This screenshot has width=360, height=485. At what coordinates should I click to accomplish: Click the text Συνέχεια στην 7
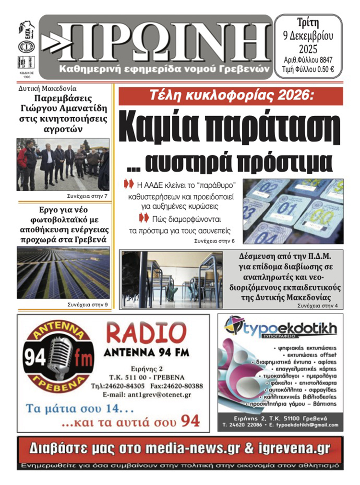[x=87, y=197]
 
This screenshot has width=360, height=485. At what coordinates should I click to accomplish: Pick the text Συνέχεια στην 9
[x=87, y=304]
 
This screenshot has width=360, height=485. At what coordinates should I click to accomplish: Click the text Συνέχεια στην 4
[x=318, y=305]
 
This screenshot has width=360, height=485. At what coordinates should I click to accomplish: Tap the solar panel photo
[x=63, y=273]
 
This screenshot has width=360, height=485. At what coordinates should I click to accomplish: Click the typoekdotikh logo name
[x=288, y=329]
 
